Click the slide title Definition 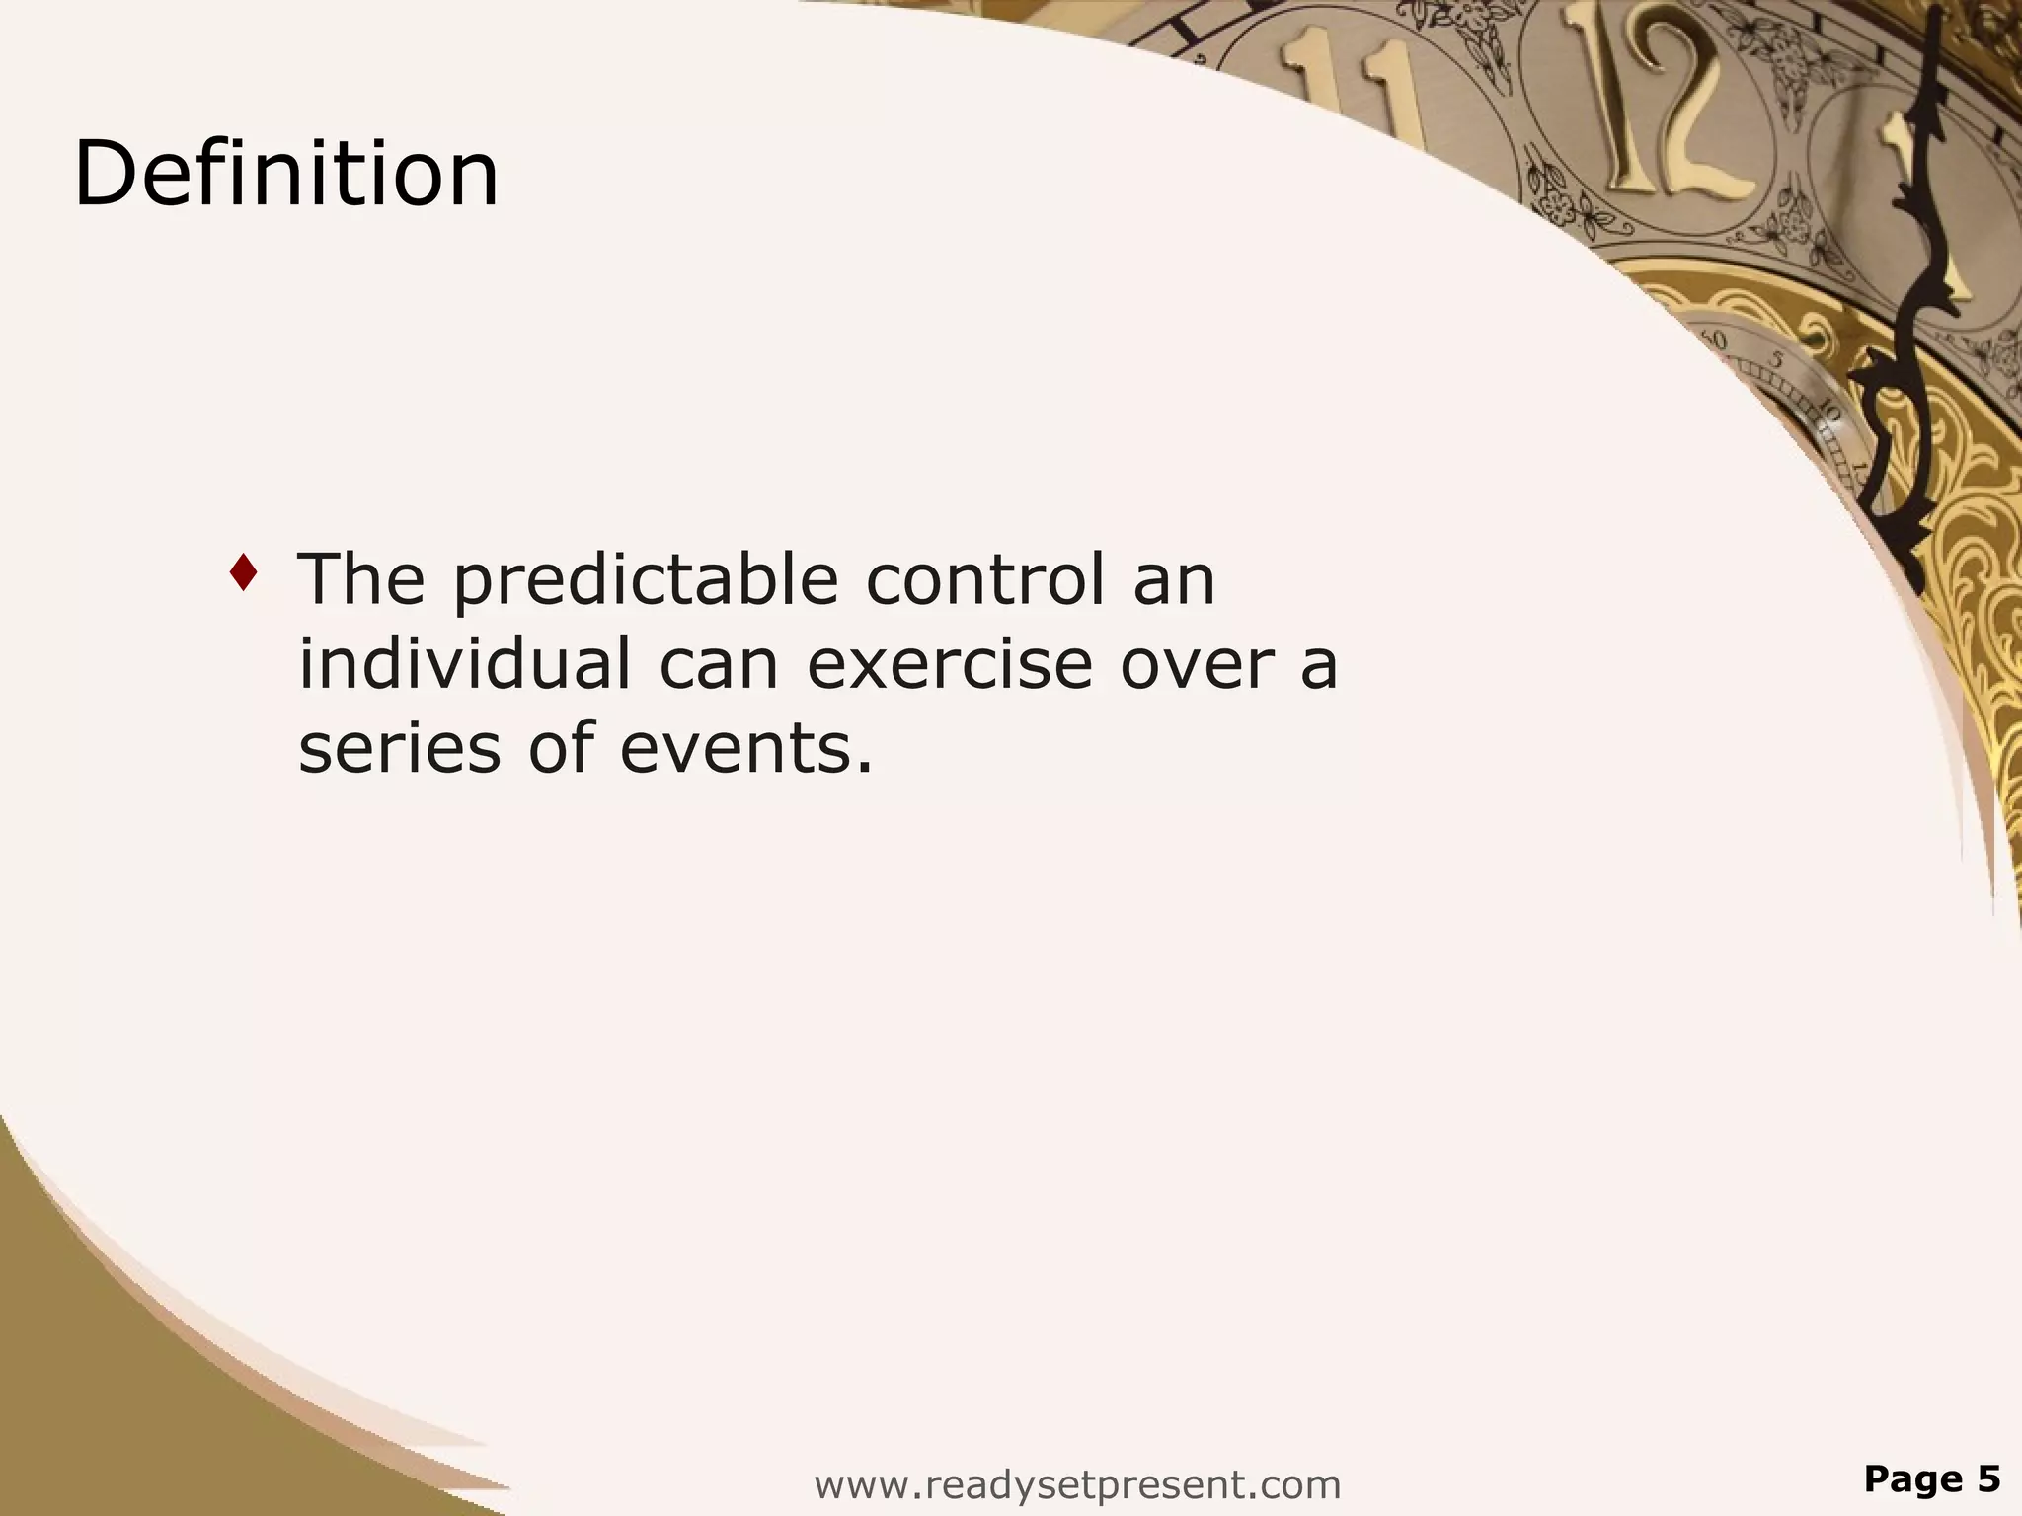pyautogui.click(x=286, y=175)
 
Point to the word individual pyautogui.click(x=464, y=663)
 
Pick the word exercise pyautogui.click(x=950, y=665)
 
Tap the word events pyautogui.click(x=746, y=748)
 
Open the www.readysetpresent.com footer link pyautogui.click(x=1077, y=1483)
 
